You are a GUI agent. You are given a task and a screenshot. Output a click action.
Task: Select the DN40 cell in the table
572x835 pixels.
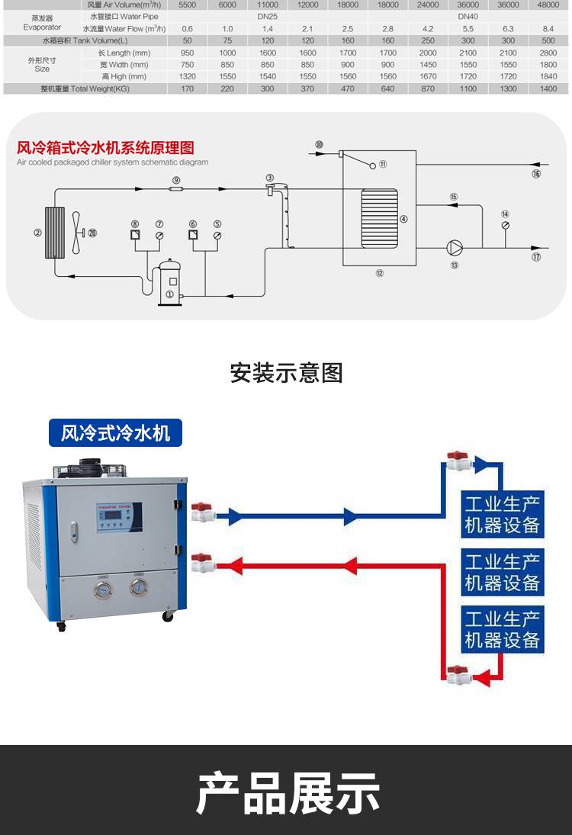tap(468, 15)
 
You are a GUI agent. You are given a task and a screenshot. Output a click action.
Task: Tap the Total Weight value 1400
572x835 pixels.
tap(548, 88)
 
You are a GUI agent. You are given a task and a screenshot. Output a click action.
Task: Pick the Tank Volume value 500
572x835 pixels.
tap(548, 40)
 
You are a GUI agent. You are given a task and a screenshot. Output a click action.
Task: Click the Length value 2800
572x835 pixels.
tap(548, 53)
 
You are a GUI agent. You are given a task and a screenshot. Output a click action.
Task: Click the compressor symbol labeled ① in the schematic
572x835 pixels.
tap(170, 282)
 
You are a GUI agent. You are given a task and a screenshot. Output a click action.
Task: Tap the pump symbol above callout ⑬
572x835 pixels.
tap(455, 247)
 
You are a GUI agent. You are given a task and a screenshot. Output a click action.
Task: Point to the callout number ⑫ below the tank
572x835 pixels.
tap(379, 272)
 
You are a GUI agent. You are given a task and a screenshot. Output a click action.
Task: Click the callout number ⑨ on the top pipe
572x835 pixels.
tap(176, 180)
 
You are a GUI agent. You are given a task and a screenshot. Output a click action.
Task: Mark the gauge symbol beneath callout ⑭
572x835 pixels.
tap(505, 226)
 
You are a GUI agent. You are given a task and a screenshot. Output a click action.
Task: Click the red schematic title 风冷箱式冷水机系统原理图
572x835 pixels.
tap(105, 147)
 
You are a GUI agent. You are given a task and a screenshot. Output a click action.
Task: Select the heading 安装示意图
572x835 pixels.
tap(286, 373)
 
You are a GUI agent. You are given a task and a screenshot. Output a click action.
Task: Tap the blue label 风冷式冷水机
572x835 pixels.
tap(115, 433)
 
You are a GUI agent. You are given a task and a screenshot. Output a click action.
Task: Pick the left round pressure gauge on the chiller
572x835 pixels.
tap(101, 589)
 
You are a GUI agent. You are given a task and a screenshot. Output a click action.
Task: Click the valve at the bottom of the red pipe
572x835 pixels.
tap(459, 675)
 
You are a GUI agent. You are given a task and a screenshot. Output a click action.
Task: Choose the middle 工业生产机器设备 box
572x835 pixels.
tap(502, 572)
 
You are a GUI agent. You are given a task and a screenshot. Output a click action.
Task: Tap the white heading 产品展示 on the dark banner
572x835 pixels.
tap(287, 793)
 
